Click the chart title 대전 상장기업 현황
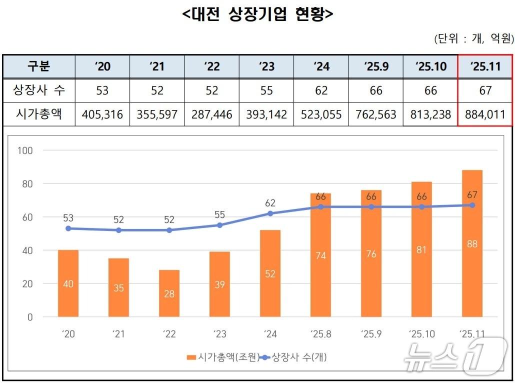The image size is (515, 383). coord(257,15)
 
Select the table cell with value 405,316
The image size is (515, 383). coord(102,114)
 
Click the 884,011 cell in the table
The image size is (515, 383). coord(485,114)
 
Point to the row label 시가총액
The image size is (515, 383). coord(39,114)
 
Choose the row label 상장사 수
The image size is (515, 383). coord(39,90)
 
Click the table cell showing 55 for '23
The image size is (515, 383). coord(266,90)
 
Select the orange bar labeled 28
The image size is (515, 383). coord(169,293)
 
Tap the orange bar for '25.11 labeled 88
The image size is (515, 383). coord(472,243)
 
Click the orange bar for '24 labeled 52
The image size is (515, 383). coord(270,273)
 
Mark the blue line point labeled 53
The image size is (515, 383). coord(68,228)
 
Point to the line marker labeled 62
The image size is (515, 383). coord(270,213)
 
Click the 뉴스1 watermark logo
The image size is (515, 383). coord(455,356)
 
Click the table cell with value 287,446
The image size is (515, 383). coord(211,114)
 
